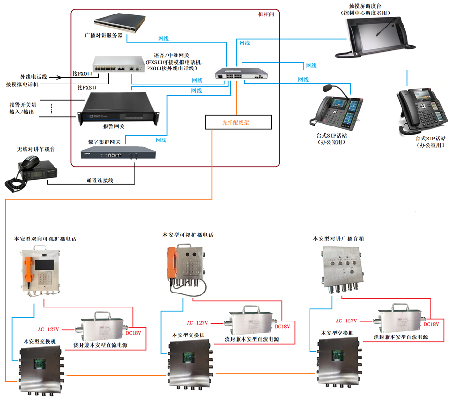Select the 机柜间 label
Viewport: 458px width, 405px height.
266,14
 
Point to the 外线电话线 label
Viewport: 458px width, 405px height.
33,77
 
